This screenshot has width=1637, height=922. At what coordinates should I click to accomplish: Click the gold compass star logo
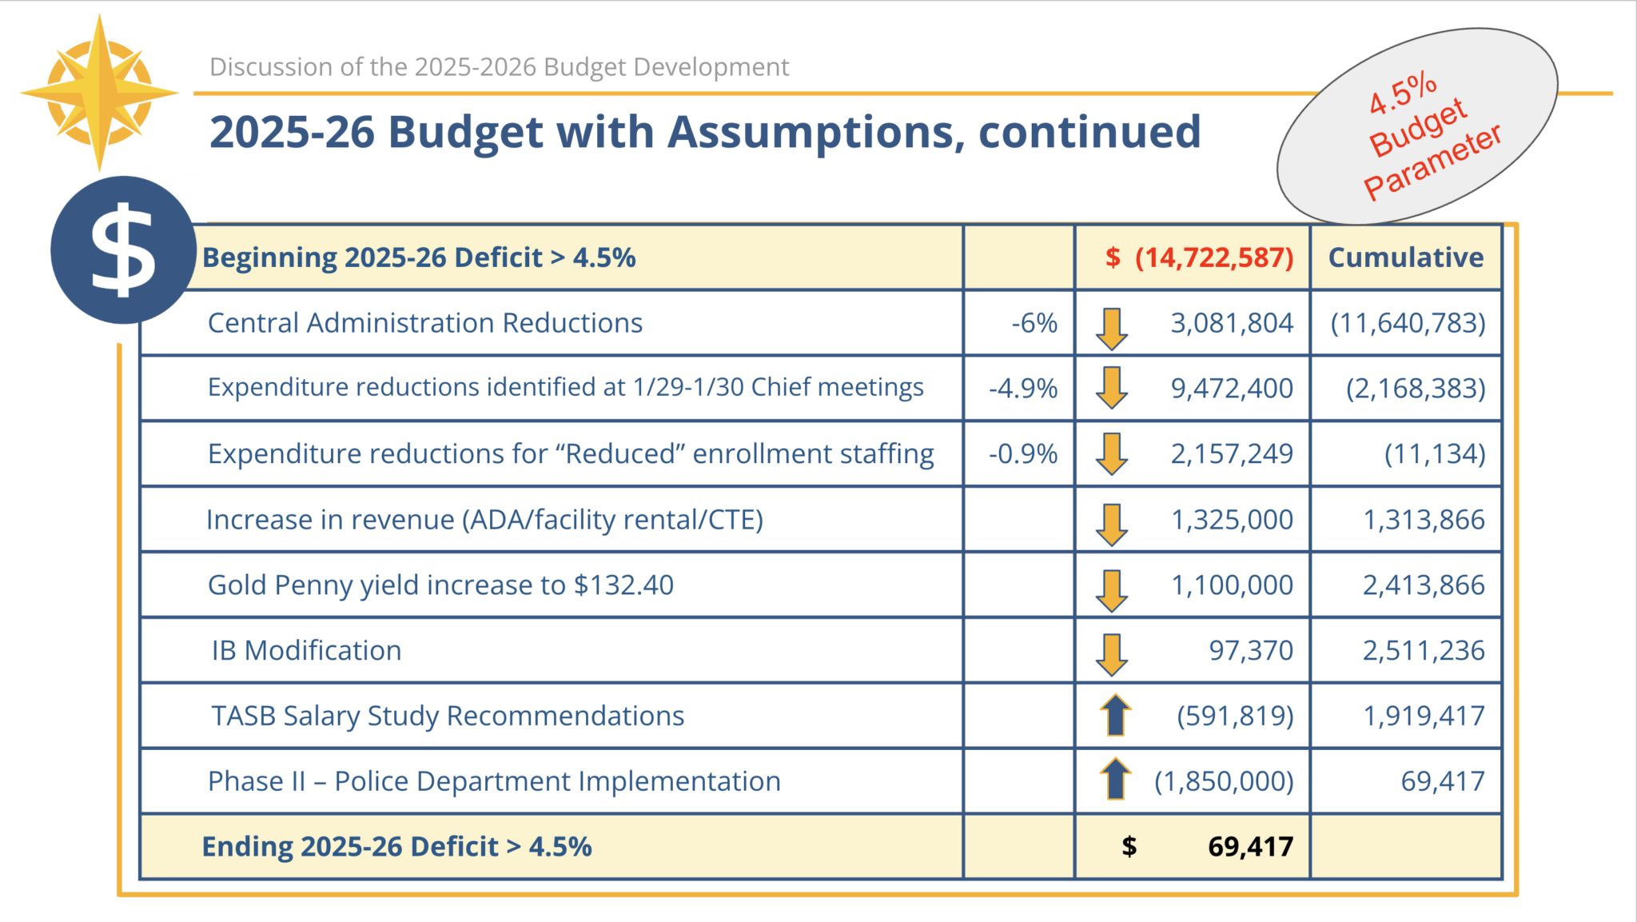[x=99, y=93]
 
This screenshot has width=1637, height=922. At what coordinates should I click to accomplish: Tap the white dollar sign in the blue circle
[x=122, y=250]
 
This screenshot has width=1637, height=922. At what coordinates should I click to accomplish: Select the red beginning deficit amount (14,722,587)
[x=1213, y=257]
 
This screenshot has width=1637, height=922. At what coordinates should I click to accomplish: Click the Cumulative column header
[x=1405, y=257]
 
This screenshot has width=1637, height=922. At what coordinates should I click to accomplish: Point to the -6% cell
[x=1034, y=323]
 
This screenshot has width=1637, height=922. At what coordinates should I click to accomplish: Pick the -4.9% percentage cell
[x=1022, y=389]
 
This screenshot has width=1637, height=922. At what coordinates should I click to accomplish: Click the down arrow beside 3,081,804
[x=1111, y=328]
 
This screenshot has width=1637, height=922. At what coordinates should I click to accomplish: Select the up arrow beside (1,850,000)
[x=1115, y=779]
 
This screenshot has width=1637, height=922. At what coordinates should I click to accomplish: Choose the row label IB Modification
[x=306, y=651]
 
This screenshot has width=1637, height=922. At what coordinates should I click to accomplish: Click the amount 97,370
[x=1250, y=651]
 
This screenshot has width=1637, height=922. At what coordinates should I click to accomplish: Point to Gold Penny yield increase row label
[x=440, y=585]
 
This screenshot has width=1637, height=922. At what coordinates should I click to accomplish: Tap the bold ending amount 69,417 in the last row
[x=1250, y=847]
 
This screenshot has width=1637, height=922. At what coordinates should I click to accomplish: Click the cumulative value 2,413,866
[x=1423, y=585]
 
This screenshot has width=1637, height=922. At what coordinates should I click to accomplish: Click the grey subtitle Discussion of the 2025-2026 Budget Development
[x=499, y=67]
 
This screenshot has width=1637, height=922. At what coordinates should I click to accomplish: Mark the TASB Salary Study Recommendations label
[x=448, y=716]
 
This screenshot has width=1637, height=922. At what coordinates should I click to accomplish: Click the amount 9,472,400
[x=1231, y=389]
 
